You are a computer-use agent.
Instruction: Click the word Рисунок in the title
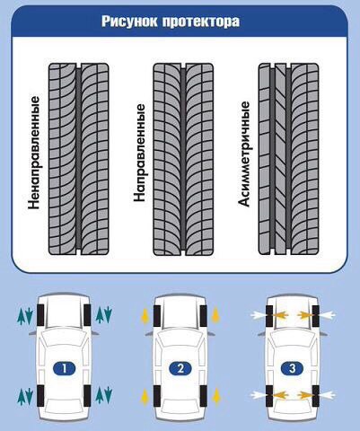click(x=130, y=22)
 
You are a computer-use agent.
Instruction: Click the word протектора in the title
click(x=201, y=22)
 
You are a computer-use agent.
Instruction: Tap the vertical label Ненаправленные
click(x=33, y=152)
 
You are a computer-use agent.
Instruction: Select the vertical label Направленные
click(x=139, y=152)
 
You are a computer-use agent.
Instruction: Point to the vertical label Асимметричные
click(x=244, y=154)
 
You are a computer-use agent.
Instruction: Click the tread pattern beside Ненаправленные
click(x=79, y=159)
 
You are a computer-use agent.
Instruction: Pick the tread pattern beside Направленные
click(x=183, y=159)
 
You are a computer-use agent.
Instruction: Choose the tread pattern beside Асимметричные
click(x=288, y=159)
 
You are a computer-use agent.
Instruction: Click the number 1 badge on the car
click(x=65, y=368)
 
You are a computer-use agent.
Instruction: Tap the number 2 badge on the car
click(x=180, y=368)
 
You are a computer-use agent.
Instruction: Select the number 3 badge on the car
click(x=293, y=368)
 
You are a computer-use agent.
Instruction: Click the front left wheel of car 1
click(x=40, y=315)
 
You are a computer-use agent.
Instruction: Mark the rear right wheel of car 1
click(x=87, y=396)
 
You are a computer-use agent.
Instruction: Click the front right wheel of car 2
click(x=203, y=315)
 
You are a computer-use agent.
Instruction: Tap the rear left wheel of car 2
click(x=157, y=396)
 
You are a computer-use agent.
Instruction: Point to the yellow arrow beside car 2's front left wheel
click(x=145, y=316)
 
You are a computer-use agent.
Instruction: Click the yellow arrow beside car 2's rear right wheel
click(x=215, y=397)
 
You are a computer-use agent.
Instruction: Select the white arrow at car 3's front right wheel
click(x=327, y=315)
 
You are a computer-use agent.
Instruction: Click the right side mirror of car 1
click(x=95, y=333)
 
